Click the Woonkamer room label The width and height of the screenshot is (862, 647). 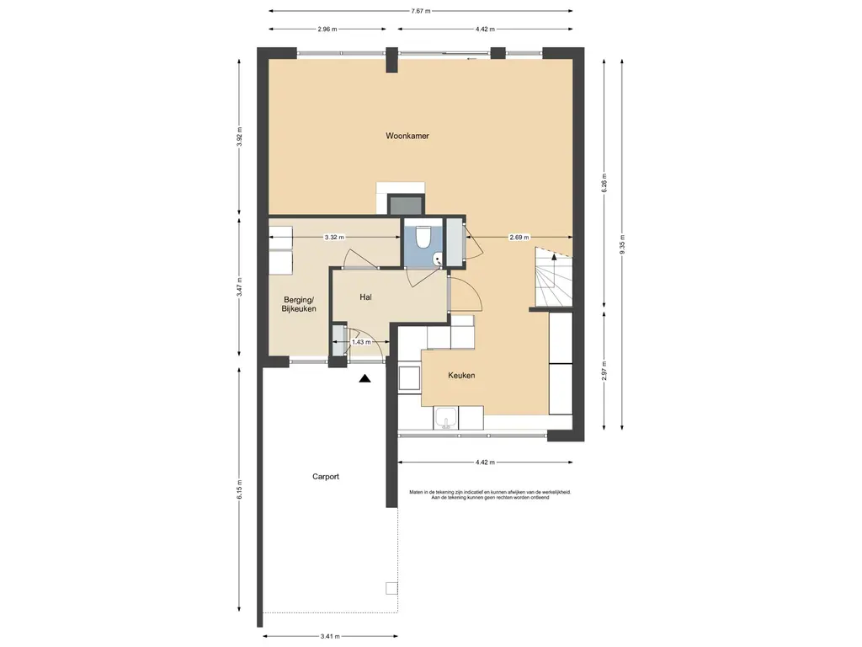point(407,136)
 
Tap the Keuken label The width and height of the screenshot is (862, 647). point(461,375)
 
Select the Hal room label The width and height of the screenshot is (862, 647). point(365,297)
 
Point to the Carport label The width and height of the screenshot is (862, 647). point(326,477)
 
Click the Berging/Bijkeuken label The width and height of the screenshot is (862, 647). point(299,304)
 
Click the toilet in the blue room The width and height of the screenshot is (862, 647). point(423,237)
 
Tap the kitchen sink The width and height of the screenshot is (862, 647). point(446,418)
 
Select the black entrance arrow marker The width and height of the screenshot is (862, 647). point(364,378)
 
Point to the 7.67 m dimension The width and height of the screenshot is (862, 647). point(421,10)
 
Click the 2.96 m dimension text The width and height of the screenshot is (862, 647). point(327,29)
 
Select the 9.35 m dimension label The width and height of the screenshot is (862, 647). point(622,245)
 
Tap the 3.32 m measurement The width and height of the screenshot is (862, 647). point(334,237)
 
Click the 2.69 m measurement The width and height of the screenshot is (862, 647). point(519,237)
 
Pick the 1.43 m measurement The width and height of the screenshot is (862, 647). point(361,342)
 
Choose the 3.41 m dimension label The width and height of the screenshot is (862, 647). point(330,637)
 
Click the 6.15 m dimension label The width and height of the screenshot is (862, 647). point(239,489)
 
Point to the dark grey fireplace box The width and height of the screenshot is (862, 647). point(406,205)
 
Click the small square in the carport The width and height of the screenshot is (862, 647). point(391,588)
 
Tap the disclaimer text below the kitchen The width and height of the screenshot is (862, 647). point(491,495)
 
